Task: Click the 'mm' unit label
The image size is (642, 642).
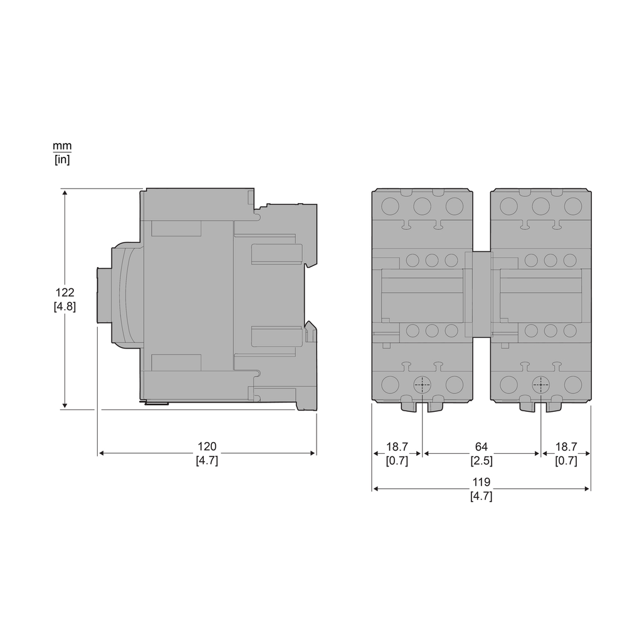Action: click(62, 146)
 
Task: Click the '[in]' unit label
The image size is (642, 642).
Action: click(62, 159)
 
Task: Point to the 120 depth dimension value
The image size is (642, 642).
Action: click(207, 446)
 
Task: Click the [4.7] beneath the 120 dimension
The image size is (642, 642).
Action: click(207, 461)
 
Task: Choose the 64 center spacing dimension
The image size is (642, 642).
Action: click(481, 446)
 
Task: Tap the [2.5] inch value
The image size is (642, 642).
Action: click(481, 461)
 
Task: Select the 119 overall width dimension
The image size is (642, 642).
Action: click(481, 482)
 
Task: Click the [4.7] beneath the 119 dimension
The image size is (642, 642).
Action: click(481, 497)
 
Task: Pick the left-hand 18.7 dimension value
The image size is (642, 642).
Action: click(397, 446)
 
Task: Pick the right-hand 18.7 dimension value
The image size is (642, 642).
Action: click(566, 446)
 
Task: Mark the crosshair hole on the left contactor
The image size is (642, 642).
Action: click(423, 385)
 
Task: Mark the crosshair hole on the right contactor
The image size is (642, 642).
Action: click(540, 385)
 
